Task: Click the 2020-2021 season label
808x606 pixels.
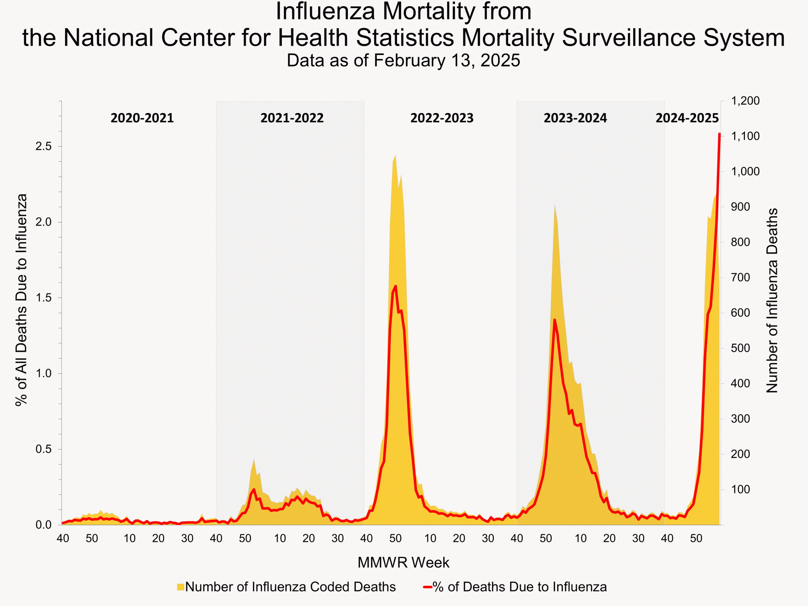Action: [142, 118]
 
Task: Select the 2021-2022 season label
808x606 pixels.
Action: [292, 118]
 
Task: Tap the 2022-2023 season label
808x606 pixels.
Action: [442, 118]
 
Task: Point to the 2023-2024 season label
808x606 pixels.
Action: [575, 118]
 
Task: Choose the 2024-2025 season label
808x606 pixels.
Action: [687, 118]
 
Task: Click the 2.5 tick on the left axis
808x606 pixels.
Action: [44, 146]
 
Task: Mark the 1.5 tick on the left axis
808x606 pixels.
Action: [44, 298]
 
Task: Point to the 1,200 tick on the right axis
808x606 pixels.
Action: [745, 101]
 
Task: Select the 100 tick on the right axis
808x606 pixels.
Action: [740, 490]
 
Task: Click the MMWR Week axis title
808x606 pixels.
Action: [403, 562]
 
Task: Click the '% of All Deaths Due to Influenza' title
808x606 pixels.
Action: [21, 300]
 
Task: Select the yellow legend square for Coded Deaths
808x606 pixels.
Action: [181, 587]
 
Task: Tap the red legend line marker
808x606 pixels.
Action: [427, 587]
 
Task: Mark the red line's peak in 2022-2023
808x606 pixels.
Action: [395, 286]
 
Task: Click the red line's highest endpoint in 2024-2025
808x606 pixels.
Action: [720, 134]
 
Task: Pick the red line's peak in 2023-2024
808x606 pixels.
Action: [555, 320]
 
